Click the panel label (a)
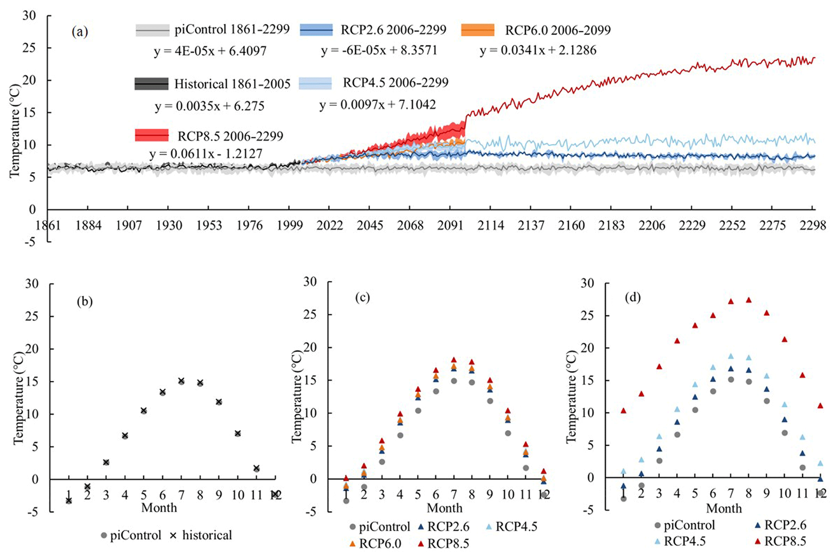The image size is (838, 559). pyautogui.click(x=79, y=32)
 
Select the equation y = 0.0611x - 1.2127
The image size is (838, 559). pyautogui.click(x=206, y=154)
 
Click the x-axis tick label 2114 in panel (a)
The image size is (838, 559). pyautogui.click(x=490, y=225)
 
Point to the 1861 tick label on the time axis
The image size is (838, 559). pyautogui.click(x=48, y=225)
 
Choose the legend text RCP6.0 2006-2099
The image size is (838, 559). pyautogui.click(x=557, y=30)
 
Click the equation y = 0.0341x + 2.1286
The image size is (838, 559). pyautogui.click(x=538, y=51)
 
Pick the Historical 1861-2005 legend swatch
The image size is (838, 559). pyautogui.click(x=151, y=84)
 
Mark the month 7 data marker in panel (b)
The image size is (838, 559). pyautogui.click(x=181, y=381)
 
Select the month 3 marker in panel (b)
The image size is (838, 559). pyautogui.click(x=106, y=462)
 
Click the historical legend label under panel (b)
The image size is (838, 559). pyautogui.click(x=207, y=535)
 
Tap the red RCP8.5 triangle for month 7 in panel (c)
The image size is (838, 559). pyautogui.click(x=454, y=360)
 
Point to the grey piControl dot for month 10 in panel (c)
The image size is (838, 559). pyautogui.click(x=508, y=433)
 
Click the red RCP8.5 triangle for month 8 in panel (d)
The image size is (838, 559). pyautogui.click(x=749, y=300)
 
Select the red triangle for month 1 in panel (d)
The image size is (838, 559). pyautogui.click(x=624, y=411)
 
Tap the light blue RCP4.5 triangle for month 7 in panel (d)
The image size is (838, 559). pyautogui.click(x=731, y=356)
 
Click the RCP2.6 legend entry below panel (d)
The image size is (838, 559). pyautogui.click(x=785, y=525)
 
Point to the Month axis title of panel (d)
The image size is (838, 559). pyautogui.click(x=724, y=508)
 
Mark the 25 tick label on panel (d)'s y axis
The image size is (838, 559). pyautogui.click(x=589, y=315)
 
